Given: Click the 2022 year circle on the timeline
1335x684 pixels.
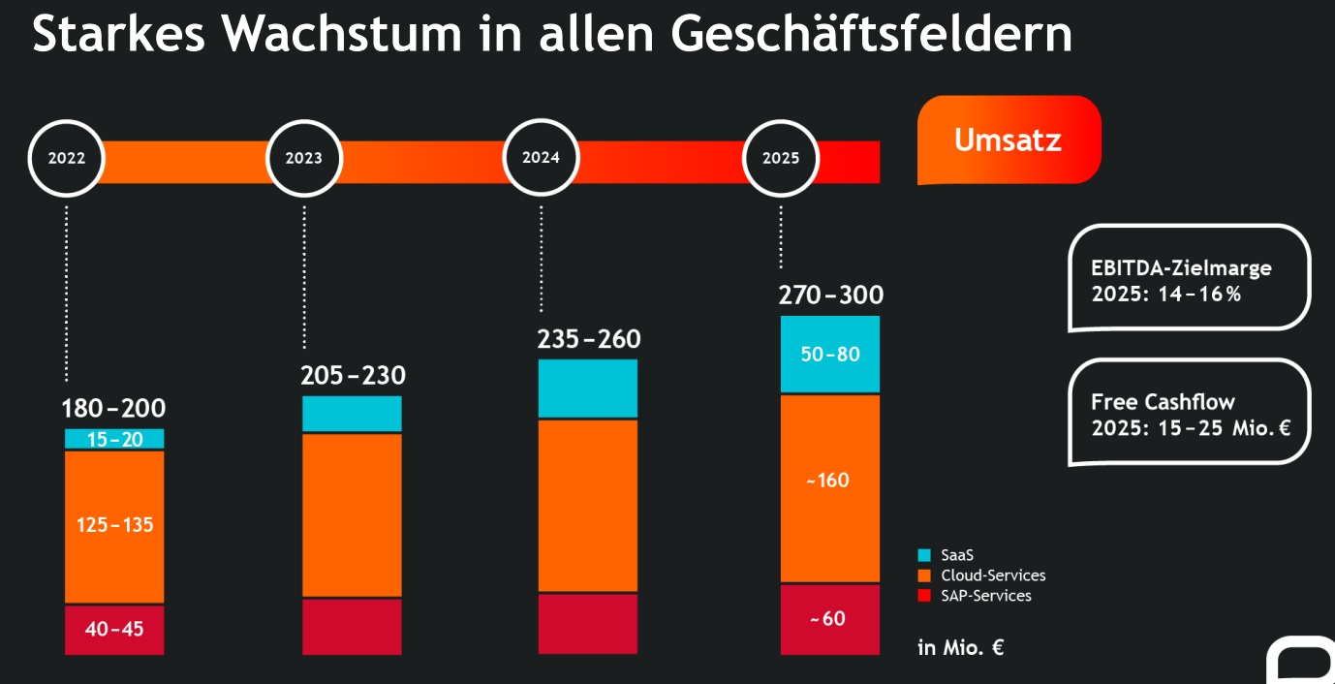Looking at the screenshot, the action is pos(67,159).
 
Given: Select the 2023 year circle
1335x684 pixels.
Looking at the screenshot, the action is pos(303,159).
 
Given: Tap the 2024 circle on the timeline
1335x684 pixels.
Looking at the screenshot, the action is pos(541,158).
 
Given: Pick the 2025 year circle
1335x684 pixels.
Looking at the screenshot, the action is pos(781,159).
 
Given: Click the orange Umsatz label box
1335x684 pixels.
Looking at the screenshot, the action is pos(1009,140).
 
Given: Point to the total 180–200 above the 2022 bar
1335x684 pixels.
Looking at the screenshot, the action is pos(113,409).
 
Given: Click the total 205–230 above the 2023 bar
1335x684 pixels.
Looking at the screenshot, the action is pos(353,376).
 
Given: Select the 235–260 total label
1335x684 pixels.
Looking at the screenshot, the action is pos(589,340).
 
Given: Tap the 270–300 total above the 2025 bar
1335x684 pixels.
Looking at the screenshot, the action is pos(830,295).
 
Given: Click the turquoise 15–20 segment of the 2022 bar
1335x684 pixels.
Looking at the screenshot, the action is pos(113,440).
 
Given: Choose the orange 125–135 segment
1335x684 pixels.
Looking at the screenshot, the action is pos(114,526).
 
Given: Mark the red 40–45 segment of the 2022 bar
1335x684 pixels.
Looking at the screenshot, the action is pos(114,630).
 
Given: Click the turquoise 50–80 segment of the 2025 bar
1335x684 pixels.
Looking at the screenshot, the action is pos(830,355).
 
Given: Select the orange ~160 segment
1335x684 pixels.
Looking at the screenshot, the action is pos(830,481).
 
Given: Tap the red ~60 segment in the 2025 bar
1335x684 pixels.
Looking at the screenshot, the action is pos(830,619).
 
